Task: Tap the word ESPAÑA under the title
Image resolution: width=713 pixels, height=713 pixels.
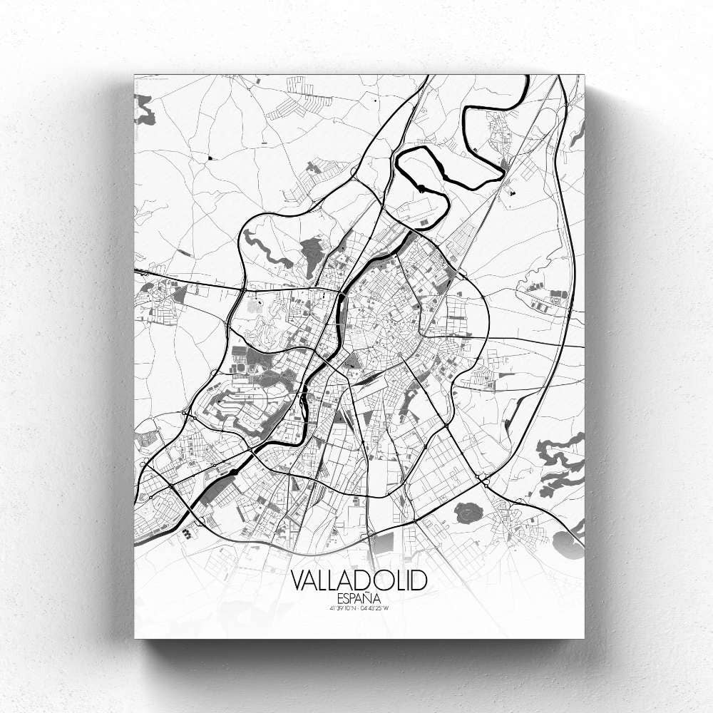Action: click(359, 597)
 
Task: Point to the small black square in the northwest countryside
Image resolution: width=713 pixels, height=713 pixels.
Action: click(210, 155)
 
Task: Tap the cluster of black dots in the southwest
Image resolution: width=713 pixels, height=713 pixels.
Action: click(187, 532)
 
